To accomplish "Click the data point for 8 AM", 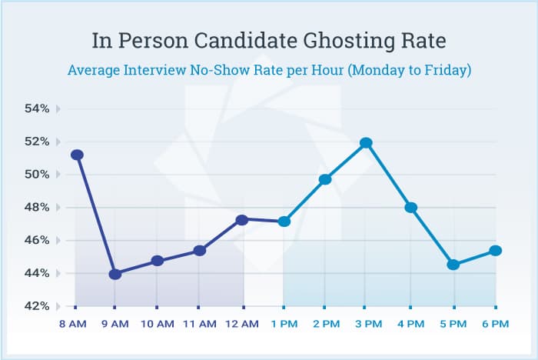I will click(77, 155).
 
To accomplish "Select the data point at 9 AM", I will click(115, 274).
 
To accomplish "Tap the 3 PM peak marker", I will click(366, 142).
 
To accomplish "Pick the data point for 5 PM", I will click(453, 265).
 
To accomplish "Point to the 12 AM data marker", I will click(242, 220).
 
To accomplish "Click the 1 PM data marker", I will click(284, 222).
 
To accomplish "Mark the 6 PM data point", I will click(495, 251).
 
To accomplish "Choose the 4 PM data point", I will click(410, 208).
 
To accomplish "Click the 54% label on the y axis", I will click(37, 109).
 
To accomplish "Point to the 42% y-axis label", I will click(37, 306).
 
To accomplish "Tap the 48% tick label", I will click(37, 208).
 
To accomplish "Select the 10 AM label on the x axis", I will click(158, 325).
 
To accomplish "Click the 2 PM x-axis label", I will click(324, 325).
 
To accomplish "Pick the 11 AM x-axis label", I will click(199, 325).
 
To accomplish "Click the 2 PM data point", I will click(325, 179).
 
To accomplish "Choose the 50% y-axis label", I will click(37, 175).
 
